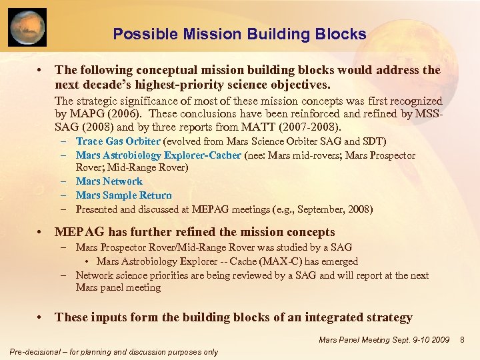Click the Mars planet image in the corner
27,27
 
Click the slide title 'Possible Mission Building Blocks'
239,34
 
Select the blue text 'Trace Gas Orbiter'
118,141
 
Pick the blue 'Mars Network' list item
109,181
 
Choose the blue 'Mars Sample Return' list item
123,195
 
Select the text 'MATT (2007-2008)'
299,127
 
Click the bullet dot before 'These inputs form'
41,317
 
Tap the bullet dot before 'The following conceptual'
41,70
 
